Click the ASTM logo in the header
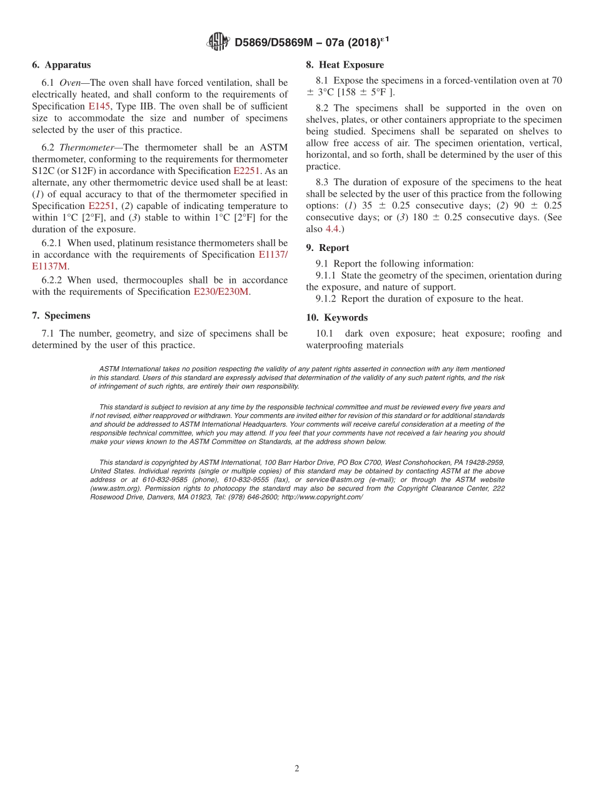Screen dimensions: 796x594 click(218, 42)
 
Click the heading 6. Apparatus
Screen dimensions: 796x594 click(61, 65)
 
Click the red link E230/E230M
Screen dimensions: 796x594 click(221, 292)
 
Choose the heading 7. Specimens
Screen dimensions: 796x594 click(61, 315)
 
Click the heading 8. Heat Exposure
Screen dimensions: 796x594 click(345, 65)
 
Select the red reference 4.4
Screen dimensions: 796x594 click(332, 229)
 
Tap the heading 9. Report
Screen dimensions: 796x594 click(328, 248)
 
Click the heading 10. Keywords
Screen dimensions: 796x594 click(336, 318)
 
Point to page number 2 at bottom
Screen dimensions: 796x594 click(297, 769)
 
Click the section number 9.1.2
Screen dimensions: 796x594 click(326, 299)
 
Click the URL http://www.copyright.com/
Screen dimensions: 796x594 click(322, 497)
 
